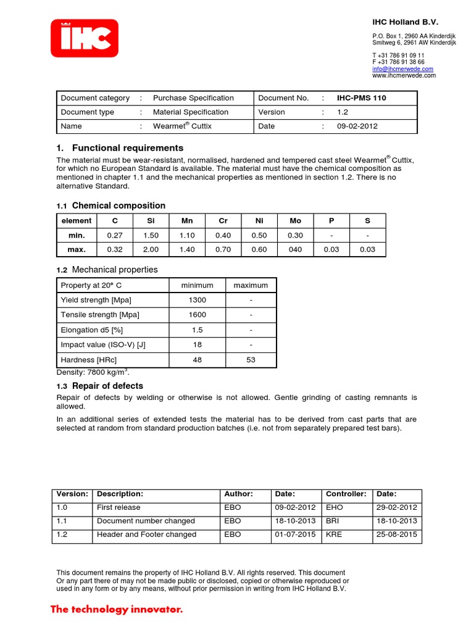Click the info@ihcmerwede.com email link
click(402, 69)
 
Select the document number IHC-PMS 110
click(362, 98)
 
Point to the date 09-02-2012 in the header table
click(357, 126)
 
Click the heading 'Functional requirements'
click(127, 148)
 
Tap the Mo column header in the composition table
click(295, 220)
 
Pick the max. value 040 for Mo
click(295, 249)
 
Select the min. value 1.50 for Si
click(151, 235)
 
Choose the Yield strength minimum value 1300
click(197, 300)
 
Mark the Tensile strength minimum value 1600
click(197, 315)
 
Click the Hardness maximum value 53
click(251, 360)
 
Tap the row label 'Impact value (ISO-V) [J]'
click(102, 345)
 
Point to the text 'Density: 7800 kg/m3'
click(93, 373)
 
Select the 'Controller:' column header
click(346, 494)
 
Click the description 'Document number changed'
click(146, 521)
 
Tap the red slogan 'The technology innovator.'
click(117, 610)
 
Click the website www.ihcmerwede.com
click(404, 75)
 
